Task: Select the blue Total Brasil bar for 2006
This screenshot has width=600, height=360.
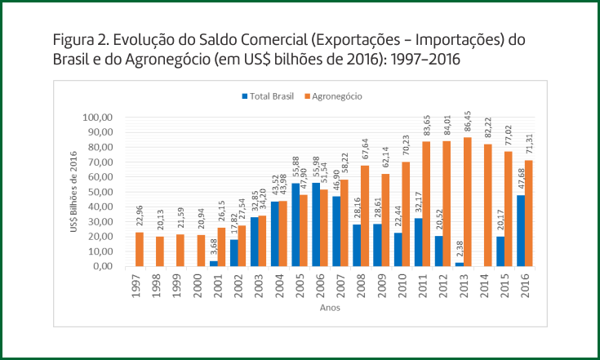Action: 315,224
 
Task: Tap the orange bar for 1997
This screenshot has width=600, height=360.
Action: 117,249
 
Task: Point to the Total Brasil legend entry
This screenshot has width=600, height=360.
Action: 269,96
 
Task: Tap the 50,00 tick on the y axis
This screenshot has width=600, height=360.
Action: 100,192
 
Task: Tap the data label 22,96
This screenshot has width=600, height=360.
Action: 117,219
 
